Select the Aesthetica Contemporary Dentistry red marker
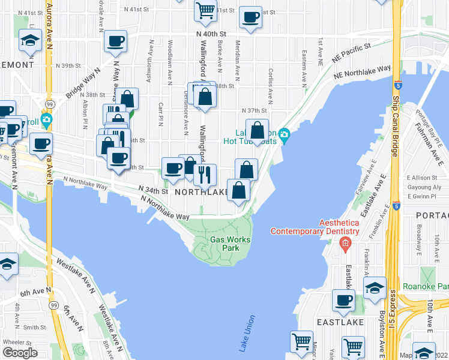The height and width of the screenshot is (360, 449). click(x=345, y=243)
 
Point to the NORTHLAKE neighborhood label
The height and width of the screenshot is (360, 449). click(x=200, y=193)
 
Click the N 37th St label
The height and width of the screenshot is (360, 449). click(x=254, y=110)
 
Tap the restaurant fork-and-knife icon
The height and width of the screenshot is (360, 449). click(x=205, y=175)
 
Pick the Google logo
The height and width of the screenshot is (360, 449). click(x=20, y=352)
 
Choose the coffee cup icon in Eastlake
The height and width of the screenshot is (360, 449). click(x=344, y=299)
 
